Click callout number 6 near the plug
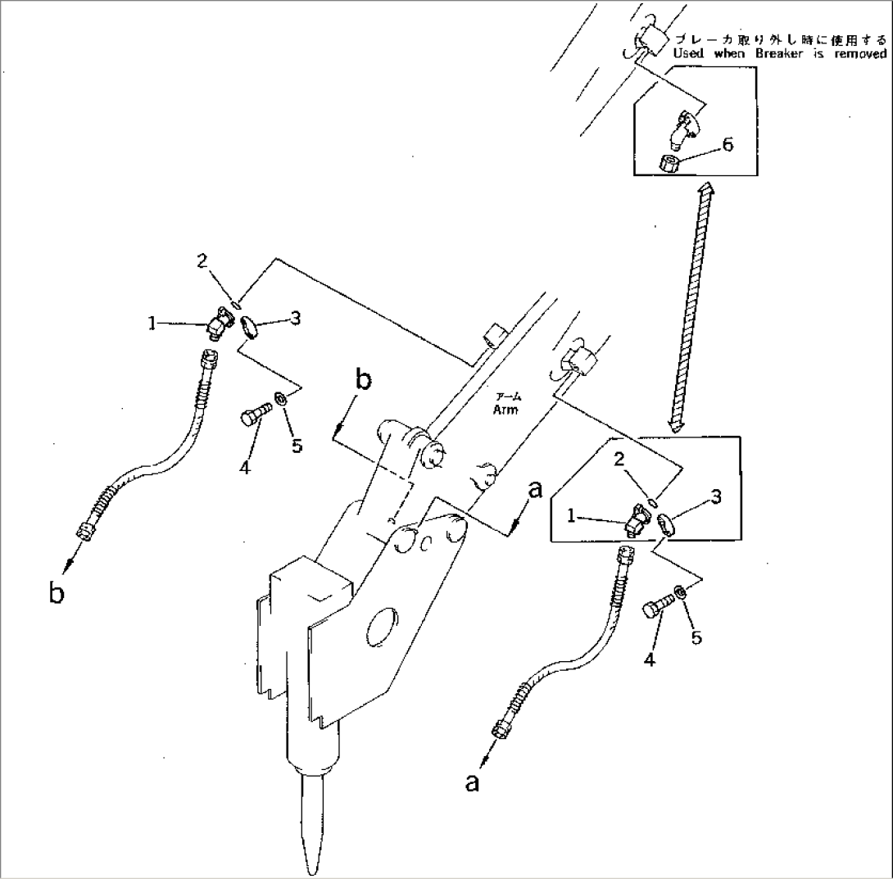728,145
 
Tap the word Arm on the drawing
505,410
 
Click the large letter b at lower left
56,591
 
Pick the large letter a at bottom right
471,782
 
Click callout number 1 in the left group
152,324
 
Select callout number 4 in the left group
244,468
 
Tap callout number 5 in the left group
297,446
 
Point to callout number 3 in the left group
295,318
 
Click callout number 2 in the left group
202,261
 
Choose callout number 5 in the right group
696,637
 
